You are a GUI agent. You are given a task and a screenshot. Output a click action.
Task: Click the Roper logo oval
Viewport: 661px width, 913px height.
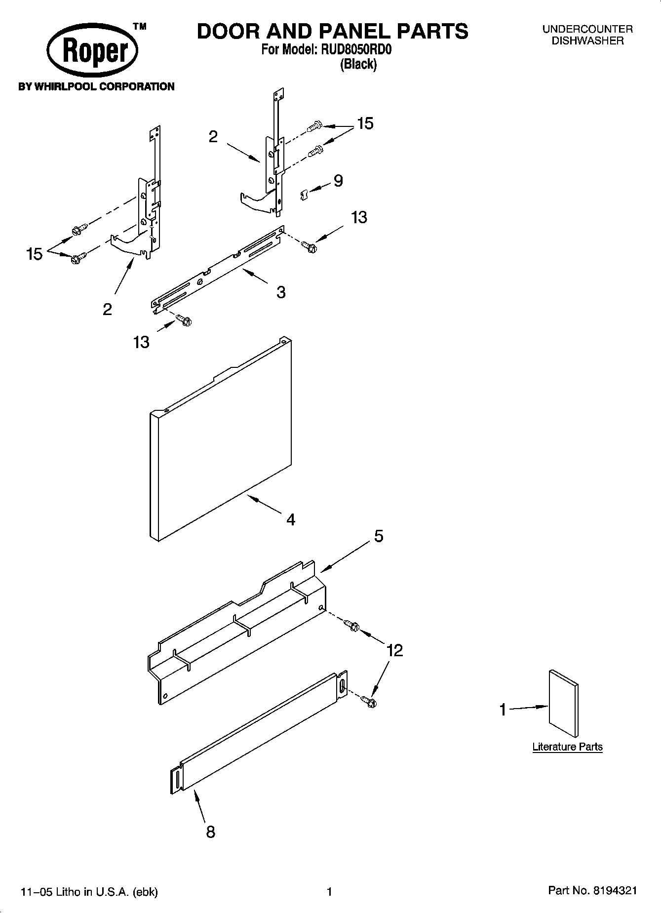(92, 51)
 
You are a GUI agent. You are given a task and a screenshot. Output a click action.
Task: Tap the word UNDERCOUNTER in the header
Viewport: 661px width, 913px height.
(587, 30)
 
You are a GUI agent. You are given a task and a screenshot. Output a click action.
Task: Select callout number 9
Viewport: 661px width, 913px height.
(338, 181)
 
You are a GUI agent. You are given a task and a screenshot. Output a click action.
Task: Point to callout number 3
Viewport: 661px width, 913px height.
(281, 292)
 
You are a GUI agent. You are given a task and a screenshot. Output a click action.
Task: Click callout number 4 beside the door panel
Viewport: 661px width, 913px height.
(291, 519)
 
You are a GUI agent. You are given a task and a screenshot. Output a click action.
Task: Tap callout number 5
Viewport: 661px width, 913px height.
(378, 536)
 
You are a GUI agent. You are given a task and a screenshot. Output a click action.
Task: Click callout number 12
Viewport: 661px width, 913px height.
(395, 650)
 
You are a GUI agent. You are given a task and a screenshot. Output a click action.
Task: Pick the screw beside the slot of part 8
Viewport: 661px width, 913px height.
(369, 700)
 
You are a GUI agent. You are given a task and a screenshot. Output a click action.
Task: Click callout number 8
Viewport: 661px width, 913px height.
(211, 832)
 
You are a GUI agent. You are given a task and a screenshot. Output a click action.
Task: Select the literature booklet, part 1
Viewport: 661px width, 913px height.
(563, 703)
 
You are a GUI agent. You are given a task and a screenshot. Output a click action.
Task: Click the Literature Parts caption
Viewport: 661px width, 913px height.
(567, 747)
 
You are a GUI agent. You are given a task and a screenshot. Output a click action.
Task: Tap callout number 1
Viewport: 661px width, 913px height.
(503, 710)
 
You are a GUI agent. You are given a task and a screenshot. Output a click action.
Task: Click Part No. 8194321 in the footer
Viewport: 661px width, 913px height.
(592, 891)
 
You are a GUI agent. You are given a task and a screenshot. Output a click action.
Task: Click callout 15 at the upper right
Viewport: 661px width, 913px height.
(365, 123)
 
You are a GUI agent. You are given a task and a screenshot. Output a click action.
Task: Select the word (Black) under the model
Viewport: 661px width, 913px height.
(358, 64)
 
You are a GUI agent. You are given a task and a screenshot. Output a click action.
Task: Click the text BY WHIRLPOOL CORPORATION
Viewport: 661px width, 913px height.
(96, 86)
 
